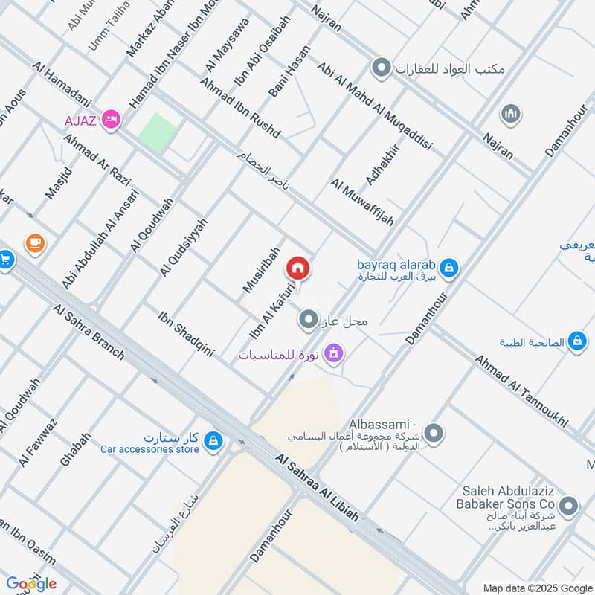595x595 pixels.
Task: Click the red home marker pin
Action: (x=298, y=269)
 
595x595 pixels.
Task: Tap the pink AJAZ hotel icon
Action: (x=112, y=118)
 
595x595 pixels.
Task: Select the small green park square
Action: (x=158, y=132)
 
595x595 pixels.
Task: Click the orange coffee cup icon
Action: (x=34, y=242)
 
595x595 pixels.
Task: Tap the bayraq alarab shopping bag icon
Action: (x=448, y=266)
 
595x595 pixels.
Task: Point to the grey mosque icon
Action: (x=510, y=113)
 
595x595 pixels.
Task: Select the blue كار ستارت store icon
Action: (x=213, y=440)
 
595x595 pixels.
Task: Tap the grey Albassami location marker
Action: (x=434, y=433)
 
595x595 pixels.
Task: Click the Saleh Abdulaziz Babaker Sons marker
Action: (x=570, y=507)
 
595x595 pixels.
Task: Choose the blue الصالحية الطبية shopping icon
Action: (x=576, y=342)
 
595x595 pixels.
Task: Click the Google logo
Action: (x=31, y=583)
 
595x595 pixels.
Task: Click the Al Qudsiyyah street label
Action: (x=183, y=248)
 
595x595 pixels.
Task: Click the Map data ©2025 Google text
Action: (x=536, y=586)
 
